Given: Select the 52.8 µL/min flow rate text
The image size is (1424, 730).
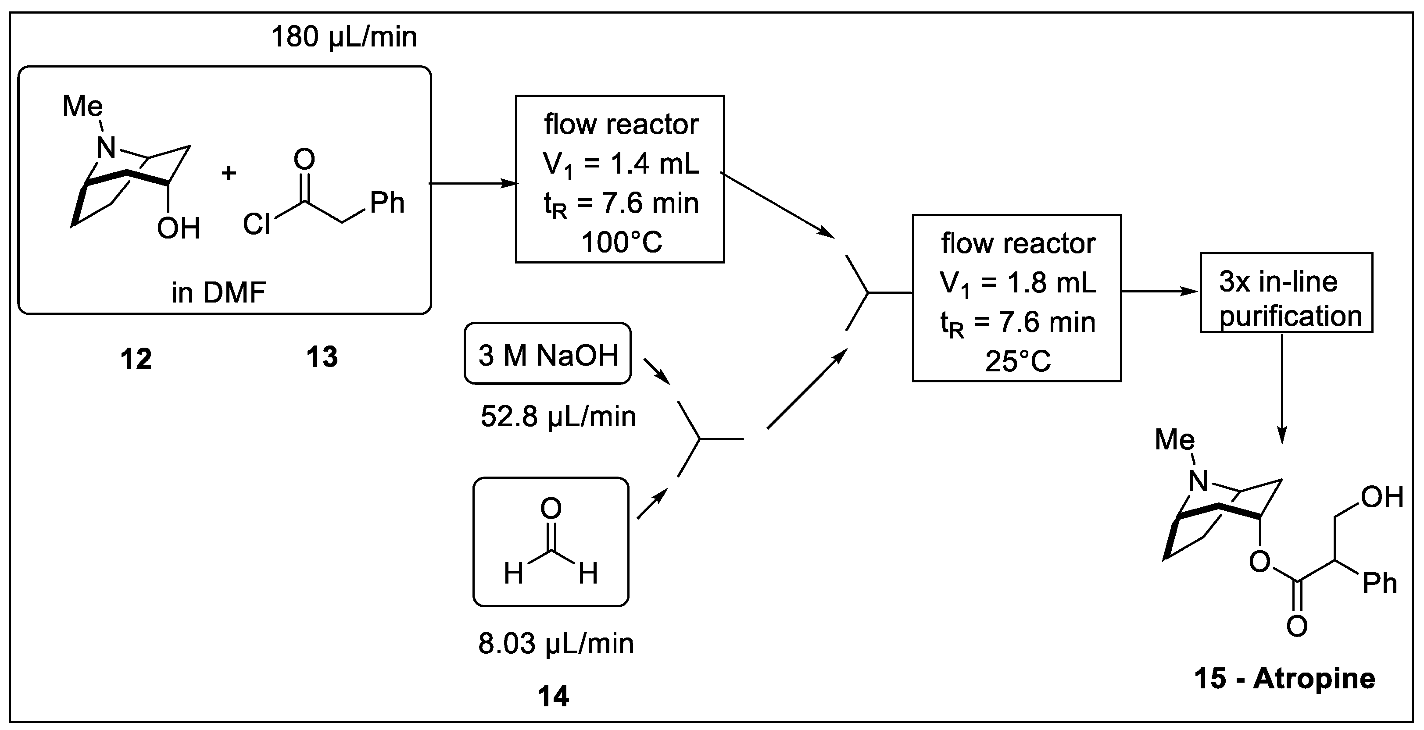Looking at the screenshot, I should point(558,416).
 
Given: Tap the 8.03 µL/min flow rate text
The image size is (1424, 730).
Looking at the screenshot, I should point(555,644).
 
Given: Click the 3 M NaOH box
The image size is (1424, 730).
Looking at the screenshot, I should point(547,354).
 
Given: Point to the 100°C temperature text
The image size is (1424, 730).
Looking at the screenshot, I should point(621,242).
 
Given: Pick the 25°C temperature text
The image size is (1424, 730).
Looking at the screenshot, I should point(1018,361).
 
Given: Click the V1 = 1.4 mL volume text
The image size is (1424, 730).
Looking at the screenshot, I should point(621,164).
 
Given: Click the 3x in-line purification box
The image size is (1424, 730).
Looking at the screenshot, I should point(1286,293).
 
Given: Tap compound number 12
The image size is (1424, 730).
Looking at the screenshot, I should point(136,359).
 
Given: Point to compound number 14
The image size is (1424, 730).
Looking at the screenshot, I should point(553,696).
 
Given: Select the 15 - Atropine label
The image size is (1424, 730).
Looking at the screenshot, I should point(1284,679).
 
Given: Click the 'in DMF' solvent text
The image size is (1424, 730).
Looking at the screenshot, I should point(218,292).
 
